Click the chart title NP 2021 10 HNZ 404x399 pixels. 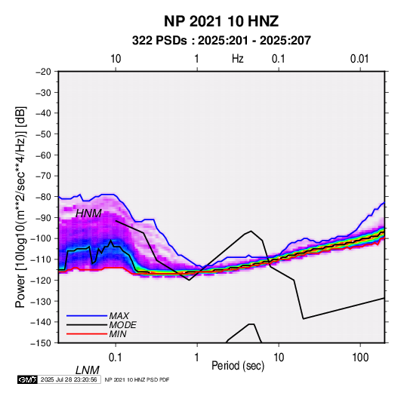[x=221, y=21]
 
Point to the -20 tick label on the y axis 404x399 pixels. [x=43, y=72]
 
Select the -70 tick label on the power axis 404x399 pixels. [x=43, y=176]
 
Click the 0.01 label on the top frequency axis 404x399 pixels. [x=359, y=59]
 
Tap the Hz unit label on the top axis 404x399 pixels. [x=238, y=59]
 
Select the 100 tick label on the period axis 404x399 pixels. [x=360, y=358]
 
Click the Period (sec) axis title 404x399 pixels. [x=238, y=366]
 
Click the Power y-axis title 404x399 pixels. [x=20, y=207]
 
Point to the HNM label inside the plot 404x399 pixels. [x=88, y=213]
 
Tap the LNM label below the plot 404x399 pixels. [x=88, y=370]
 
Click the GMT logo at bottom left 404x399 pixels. [x=27, y=379]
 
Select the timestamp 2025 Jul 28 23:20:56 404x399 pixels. [x=69, y=379]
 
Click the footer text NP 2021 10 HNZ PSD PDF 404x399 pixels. [x=137, y=379]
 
